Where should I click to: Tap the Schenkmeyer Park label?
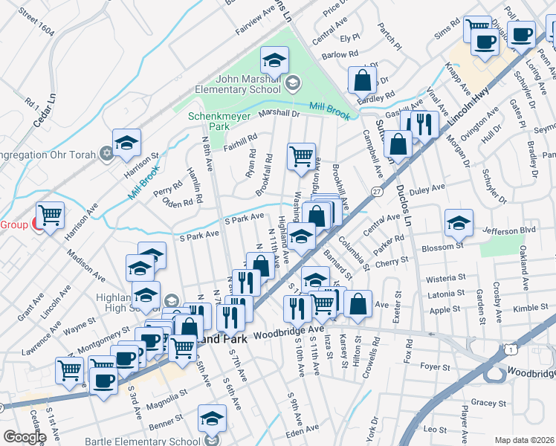pos(219,122)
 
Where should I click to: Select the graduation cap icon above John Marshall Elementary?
pos(274,60)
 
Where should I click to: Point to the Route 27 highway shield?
pos(378,192)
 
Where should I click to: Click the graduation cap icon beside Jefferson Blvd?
pos(459,224)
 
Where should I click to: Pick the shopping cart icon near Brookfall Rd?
pos(301,157)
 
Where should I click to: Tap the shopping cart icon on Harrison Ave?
pos(50,216)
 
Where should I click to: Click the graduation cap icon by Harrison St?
pos(126,143)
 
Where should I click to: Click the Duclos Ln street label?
pos(404,204)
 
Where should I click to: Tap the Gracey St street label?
pos(488,402)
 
